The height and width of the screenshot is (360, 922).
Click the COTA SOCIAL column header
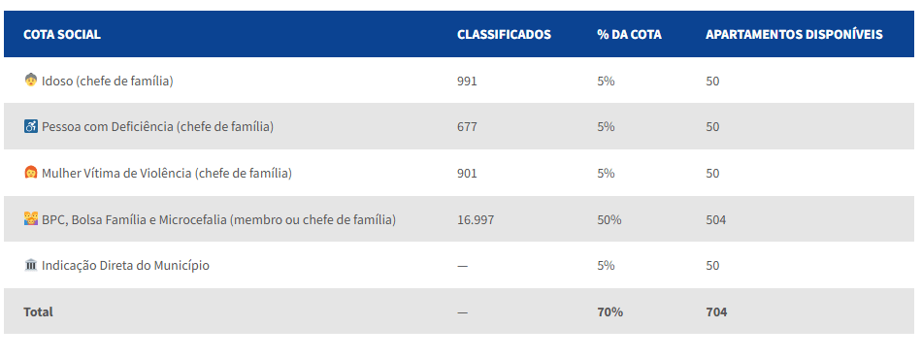click(x=62, y=34)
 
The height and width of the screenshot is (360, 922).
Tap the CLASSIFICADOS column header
click(x=504, y=34)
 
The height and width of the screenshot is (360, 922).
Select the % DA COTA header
click(x=629, y=34)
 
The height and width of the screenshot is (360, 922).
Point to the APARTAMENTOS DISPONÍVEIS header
click(x=794, y=34)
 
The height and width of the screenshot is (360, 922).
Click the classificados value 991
click(x=467, y=82)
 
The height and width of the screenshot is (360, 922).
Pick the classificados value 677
click(x=467, y=127)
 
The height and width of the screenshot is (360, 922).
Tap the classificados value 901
click(x=467, y=174)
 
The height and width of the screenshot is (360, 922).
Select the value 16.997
click(x=476, y=220)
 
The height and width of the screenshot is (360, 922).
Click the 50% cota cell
click(x=609, y=220)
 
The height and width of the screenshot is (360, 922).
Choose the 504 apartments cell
click(x=715, y=220)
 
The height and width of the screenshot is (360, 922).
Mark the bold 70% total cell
click(x=609, y=311)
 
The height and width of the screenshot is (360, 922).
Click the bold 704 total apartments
click(x=716, y=311)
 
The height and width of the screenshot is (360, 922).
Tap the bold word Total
click(x=38, y=311)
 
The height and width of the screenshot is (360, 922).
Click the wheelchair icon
click(x=31, y=126)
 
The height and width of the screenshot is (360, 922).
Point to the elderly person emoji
click(x=31, y=81)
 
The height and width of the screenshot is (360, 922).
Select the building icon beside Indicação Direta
click(x=31, y=265)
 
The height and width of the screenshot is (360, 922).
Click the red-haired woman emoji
click(x=31, y=173)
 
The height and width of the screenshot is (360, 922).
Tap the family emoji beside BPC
click(x=31, y=219)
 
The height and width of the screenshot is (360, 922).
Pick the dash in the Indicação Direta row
click(x=462, y=266)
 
